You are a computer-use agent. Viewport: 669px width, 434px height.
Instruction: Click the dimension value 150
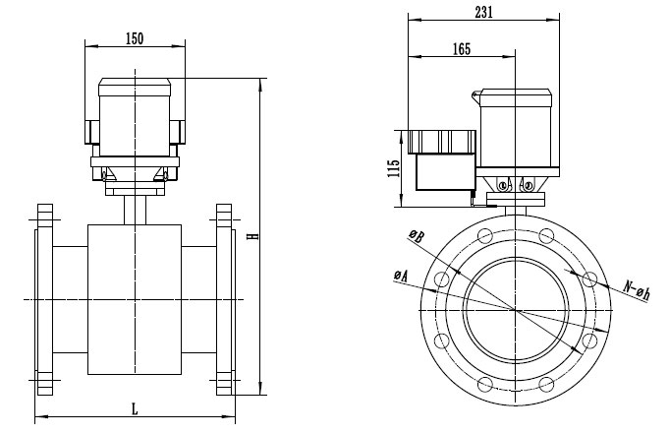pos(134,38)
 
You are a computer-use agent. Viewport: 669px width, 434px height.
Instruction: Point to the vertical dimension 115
pos(392,167)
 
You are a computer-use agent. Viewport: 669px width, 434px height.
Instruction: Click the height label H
pos(252,236)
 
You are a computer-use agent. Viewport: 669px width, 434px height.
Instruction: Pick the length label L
pos(134,407)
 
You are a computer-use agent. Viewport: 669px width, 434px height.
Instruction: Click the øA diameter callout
pos(400,278)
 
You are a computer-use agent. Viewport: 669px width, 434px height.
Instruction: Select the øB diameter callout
pos(417,237)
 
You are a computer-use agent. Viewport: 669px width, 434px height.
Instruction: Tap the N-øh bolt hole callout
pos(638,290)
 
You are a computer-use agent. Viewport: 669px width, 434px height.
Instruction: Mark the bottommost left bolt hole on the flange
pos(483,383)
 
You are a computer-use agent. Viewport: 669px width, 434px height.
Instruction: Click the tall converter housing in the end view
pos(516,128)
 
